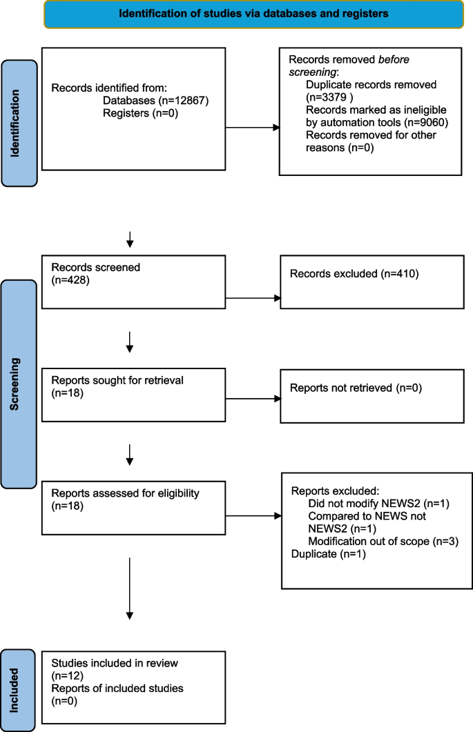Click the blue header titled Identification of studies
coord(253,13)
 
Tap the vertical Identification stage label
coord(19,123)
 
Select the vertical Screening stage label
coord(19,384)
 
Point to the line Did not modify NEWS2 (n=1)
coord(378,504)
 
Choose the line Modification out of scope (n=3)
coord(383,541)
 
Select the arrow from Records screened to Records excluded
coord(253,298)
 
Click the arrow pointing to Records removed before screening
coord(253,128)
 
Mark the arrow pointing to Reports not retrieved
coord(253,398)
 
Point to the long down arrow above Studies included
coord(130,586)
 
